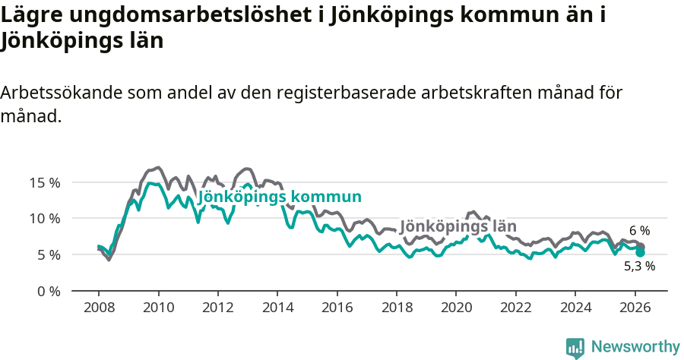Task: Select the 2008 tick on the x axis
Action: click(98, 308)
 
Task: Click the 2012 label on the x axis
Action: click(217, 308)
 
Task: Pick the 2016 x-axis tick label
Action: click(337, 308)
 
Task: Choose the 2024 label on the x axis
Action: click(575, 308)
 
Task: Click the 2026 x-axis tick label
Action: click(635, 308)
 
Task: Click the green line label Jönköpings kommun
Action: click(279, 197)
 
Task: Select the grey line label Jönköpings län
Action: click(458, 226)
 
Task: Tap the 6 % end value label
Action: click(639, 231)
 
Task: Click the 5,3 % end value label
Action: click(639, 267)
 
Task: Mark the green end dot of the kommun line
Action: click(640, 252)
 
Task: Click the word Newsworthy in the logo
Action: click(635, 347)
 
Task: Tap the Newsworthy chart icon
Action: click(575, 347)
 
